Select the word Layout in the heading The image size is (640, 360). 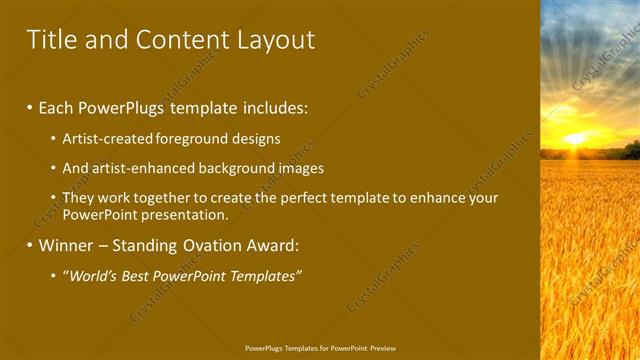(x=276, y=40)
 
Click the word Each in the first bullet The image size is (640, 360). (x=56, y=107)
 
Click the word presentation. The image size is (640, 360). (x=185, y=214)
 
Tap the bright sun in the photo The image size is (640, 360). (x=576, y=138)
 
